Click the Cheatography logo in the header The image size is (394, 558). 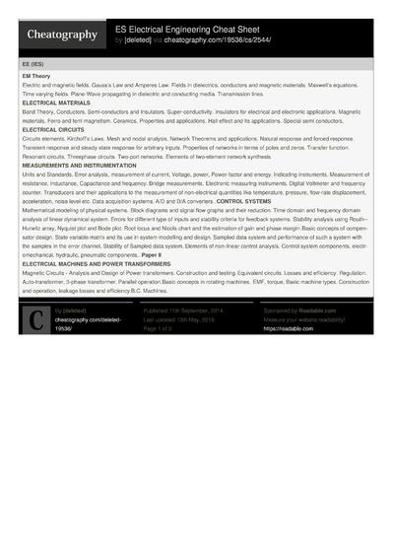click(62, 35)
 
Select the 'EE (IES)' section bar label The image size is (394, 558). click(33, 62)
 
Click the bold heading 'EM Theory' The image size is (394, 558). click(35, 75)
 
